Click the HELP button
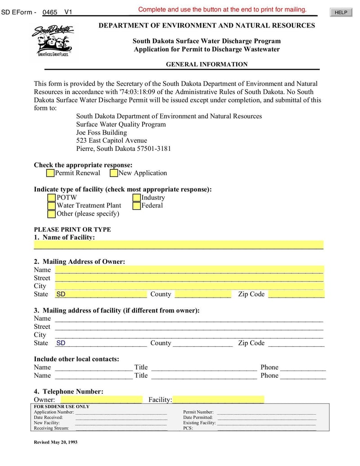point(341,13)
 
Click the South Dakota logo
point(53,41)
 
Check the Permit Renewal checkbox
point(50,173)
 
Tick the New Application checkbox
point(114,173)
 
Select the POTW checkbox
point(52,198)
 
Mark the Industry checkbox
point(137,198)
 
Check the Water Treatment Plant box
point(52,206)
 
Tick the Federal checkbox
point(137,206)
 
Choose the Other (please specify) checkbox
point(52,214)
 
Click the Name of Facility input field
point(179,245)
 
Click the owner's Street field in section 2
point(189,278)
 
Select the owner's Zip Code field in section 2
point(296,294)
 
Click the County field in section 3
point(202,343)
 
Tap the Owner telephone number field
point(101,400)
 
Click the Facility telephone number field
point(218,400)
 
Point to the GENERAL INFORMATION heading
point(207,64)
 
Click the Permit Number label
point(198,412)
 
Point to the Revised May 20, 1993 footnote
point(56,442)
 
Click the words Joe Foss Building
point(102,132)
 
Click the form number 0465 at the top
point(49,12)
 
